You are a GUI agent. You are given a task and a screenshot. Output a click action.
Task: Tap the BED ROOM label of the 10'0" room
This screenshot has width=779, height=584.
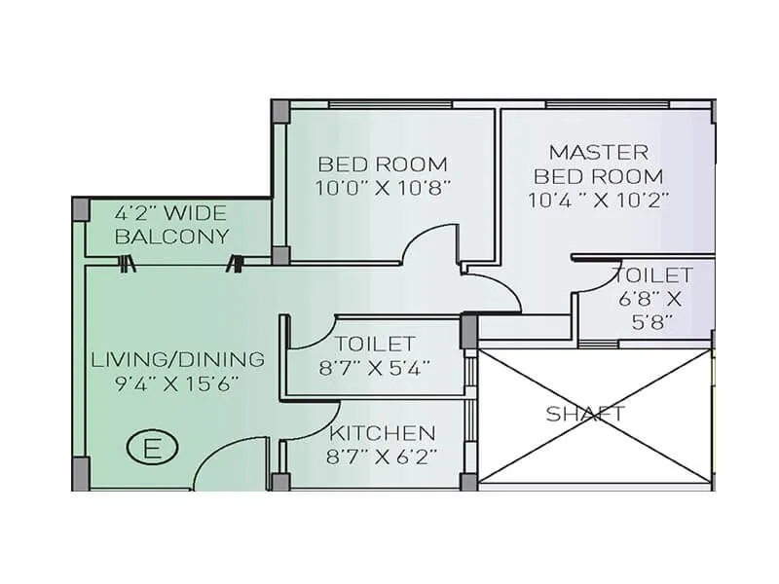[383, 164]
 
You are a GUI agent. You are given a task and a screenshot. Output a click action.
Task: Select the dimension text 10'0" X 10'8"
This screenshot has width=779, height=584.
[383, 187]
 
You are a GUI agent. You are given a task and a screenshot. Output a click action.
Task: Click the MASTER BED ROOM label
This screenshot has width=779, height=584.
[599, 164]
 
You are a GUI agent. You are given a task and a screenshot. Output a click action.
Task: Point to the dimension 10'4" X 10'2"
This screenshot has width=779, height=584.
[599, 201]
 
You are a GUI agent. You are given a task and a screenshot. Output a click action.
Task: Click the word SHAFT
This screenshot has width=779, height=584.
[584, 414]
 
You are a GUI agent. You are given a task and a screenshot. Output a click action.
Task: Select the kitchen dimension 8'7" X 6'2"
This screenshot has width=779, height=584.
[383, 455]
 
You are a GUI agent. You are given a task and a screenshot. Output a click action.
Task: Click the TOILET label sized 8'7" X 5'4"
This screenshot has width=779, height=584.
[375, 344]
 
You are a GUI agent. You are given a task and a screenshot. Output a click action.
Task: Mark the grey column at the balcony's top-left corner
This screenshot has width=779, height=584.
[81, 208]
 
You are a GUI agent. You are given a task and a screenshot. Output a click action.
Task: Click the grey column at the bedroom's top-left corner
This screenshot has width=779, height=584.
[279, 110]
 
